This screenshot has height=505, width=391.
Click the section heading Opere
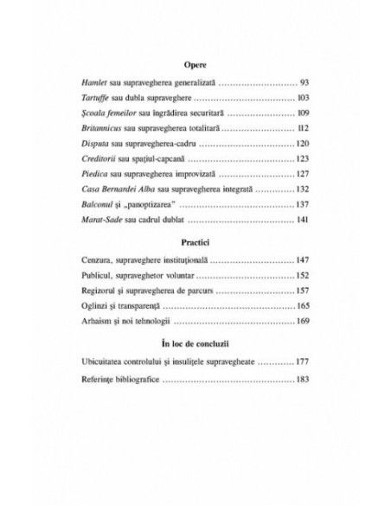click(x=195, y=65)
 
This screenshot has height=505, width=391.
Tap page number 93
click(x=304, y=85)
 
